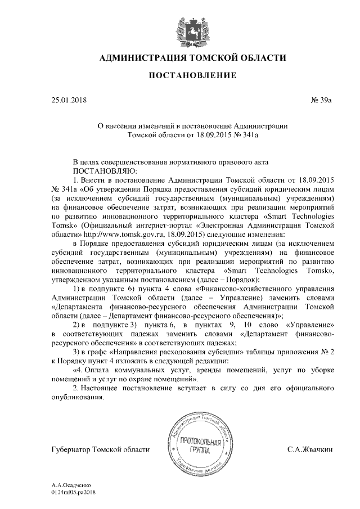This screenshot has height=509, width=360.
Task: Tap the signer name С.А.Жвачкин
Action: point(310,449)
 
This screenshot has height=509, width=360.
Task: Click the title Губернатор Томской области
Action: point(100,449)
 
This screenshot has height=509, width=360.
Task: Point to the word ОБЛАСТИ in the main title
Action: point(264,57)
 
